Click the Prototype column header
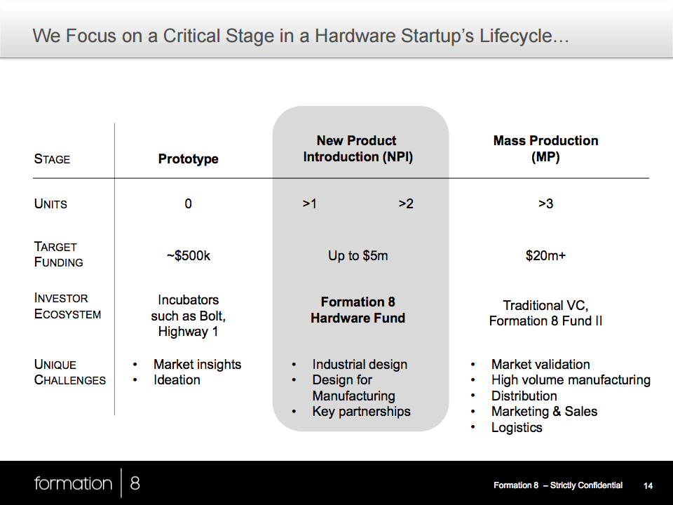188,159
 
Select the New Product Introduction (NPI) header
358,149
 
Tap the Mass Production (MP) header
545,149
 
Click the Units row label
50,203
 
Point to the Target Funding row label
58,254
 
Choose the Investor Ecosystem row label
67,306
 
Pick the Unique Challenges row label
69,372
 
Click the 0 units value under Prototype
188,203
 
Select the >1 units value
309,203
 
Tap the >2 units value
406,203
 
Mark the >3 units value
545,203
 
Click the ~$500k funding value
189,255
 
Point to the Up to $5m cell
358,255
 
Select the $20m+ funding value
545,255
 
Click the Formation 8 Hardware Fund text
358,309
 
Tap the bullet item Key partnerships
362,412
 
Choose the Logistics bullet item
517,428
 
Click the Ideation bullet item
177,379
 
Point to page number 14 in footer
648,485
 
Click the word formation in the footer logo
73,483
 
